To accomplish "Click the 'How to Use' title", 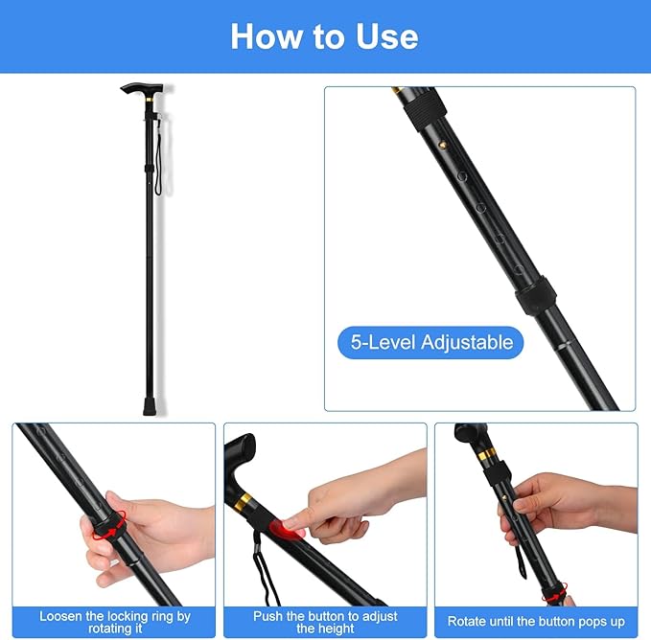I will tap(324, 36).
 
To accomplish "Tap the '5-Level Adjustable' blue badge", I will tap(430, 342).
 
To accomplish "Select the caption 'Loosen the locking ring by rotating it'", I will tap(114, 622).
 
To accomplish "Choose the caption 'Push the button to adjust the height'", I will tap(325, 622).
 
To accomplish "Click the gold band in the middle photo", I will tap(244, 501).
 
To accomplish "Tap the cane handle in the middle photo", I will tap(239, 460).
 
